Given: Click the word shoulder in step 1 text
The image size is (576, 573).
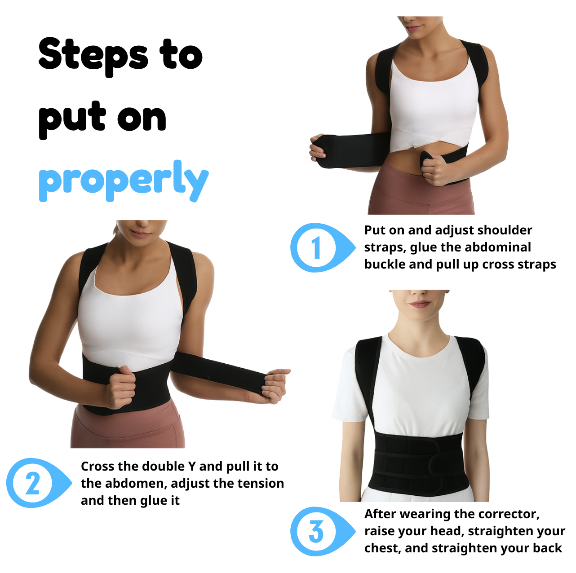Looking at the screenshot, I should [505, 230].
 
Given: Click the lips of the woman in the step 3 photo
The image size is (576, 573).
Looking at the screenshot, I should [419, 304].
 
